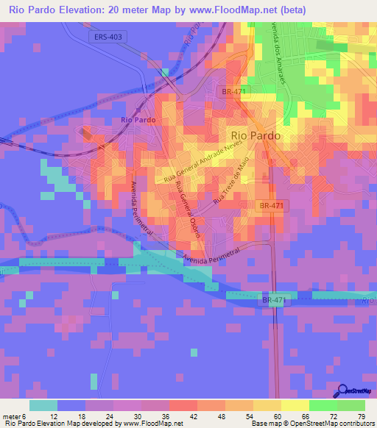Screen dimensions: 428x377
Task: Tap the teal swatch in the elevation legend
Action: [x=43, y=405]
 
